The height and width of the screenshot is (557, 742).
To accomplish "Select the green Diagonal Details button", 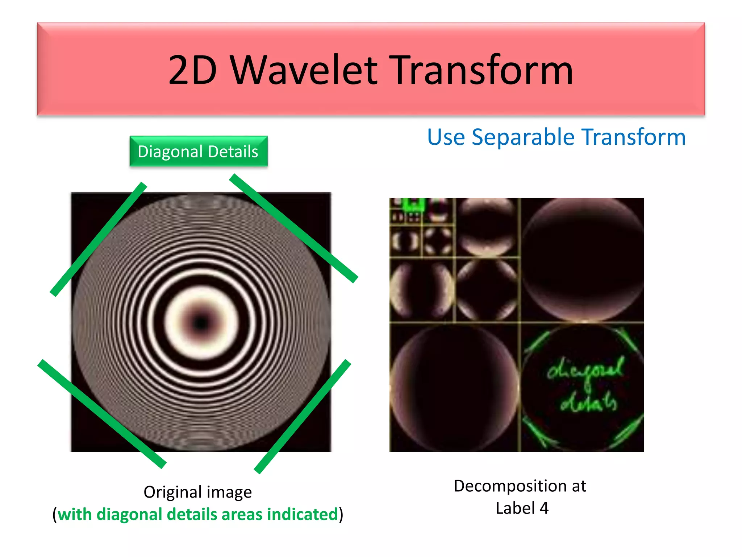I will click(x=199, y=152).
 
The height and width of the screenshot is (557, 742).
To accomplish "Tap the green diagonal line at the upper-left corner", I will click(x=98, y=239).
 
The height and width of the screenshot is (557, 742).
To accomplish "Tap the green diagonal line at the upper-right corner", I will click(x=293, y=228).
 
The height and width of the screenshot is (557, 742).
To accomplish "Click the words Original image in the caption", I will click(x=197, y=492).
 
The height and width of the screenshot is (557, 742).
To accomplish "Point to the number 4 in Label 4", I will click(x=544, y=508).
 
